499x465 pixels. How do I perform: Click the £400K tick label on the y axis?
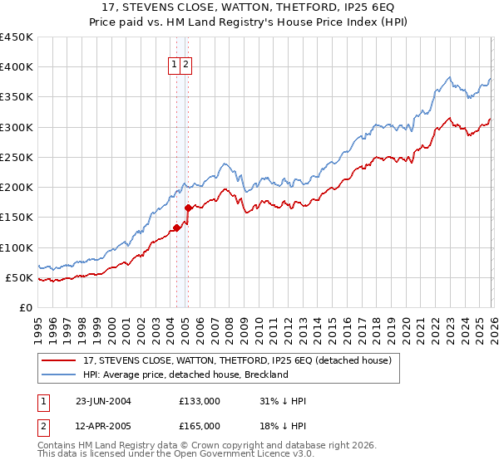(x=16, y=67)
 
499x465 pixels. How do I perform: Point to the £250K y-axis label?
(x=16, y=157)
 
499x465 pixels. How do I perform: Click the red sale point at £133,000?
(x=176, y=228)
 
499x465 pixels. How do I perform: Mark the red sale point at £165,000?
(x=188, y=208)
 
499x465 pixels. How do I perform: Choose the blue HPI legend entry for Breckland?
(x=185, y=374)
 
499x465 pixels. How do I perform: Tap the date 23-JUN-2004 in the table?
(x=102, y=401)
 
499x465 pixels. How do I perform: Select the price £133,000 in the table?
(x=200, y=401)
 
